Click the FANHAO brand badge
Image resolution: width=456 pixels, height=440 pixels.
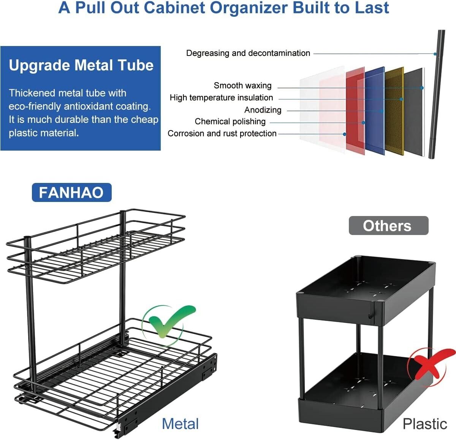(71, 192)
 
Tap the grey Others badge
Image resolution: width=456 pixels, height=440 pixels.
(388, 226)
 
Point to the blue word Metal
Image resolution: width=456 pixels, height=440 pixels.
(180, 424)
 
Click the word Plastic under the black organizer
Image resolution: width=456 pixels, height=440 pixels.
(425, 424)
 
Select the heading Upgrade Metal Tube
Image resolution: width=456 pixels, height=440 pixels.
(81, 65)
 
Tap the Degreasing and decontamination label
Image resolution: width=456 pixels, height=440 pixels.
(248, 53)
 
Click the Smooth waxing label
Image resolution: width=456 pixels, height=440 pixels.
(242, 86)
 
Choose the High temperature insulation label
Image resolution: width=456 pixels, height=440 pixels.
(221, 98)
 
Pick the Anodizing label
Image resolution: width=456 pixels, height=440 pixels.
(263, 110)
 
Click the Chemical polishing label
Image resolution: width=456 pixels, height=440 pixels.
(230, 122)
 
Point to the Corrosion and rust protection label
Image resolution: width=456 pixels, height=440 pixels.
(222, 133)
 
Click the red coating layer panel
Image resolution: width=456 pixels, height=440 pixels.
(355, 110)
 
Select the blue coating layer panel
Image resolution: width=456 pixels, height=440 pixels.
(375, 110)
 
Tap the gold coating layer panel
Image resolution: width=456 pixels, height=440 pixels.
(394, 110)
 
